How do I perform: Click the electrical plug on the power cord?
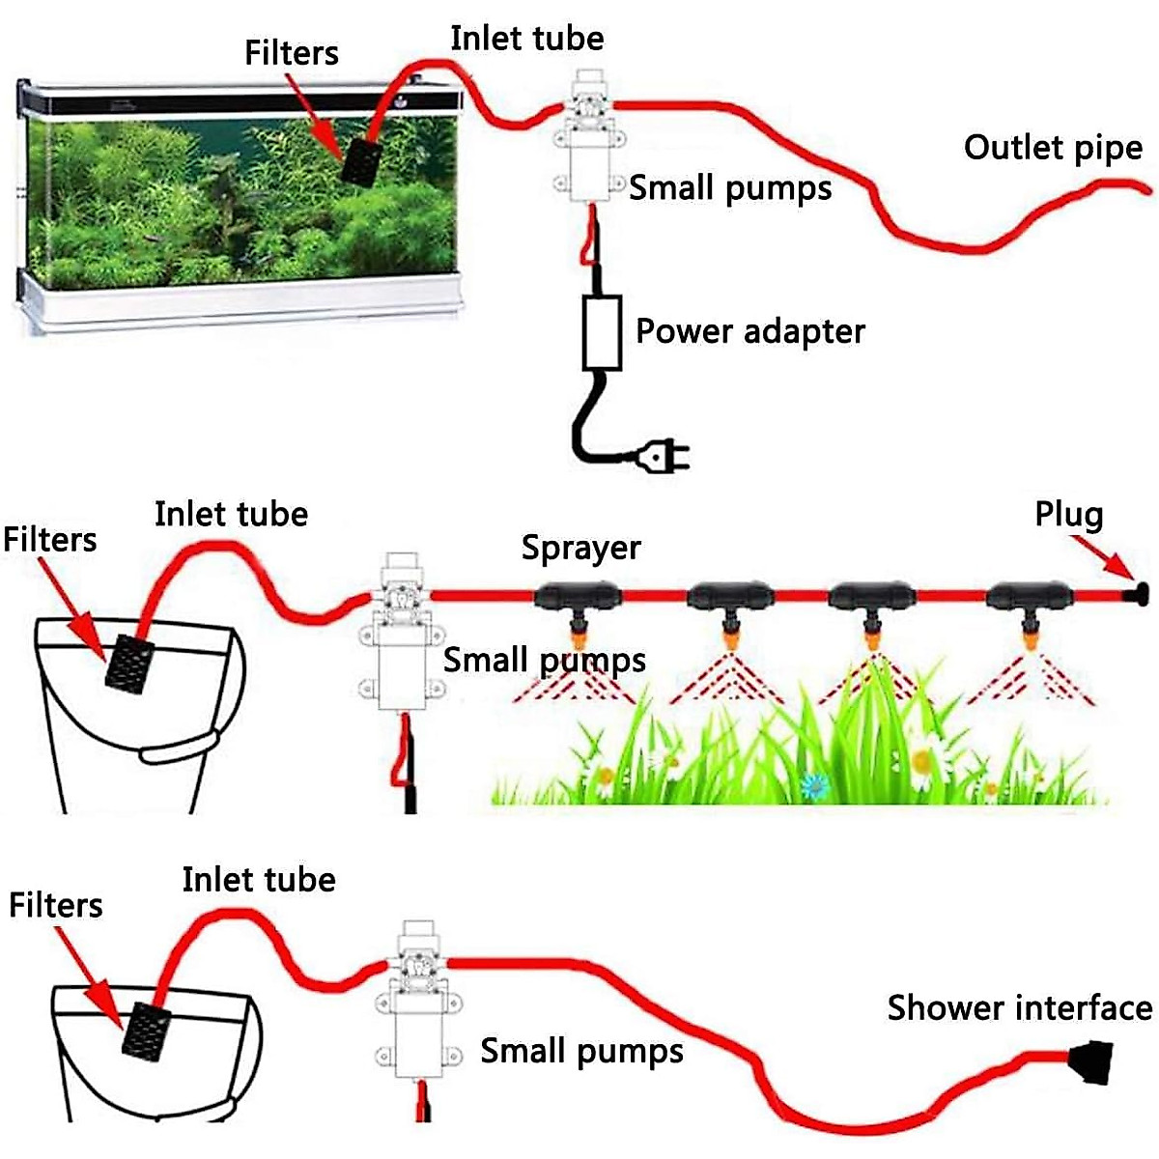664,455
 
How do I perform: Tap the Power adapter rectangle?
601,333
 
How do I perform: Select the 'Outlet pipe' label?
1053,148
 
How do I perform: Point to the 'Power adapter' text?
749,331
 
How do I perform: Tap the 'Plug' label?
1068,514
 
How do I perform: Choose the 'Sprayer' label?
580,548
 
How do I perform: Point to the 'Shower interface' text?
1019,1008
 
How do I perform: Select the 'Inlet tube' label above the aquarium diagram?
526,39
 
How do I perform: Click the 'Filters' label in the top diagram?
292,53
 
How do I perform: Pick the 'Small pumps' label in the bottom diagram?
581,1051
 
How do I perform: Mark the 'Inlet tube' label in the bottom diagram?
259,880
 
